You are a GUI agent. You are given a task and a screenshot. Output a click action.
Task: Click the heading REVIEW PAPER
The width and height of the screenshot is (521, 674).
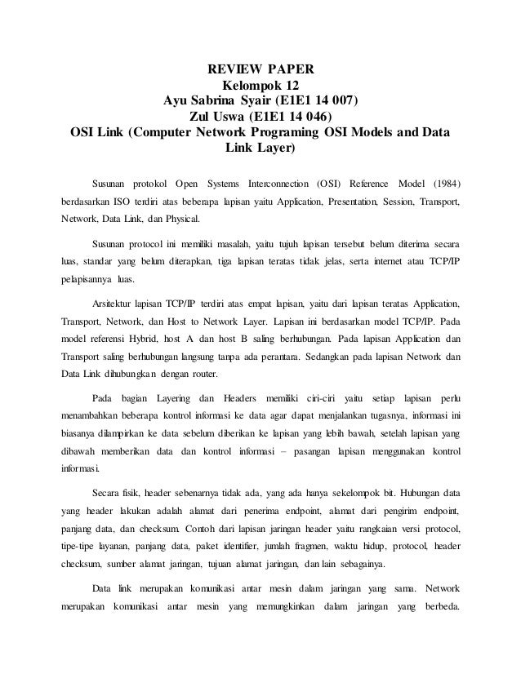tap(260, 67)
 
